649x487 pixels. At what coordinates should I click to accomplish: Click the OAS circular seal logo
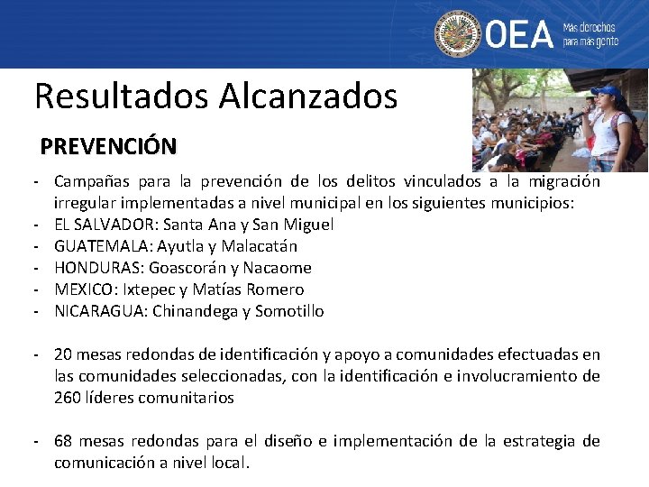[458, 34]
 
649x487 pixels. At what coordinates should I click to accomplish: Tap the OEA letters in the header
[519, 34]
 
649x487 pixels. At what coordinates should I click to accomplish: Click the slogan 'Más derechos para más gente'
[590, 34]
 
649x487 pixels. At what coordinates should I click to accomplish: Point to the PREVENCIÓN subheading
[108, 145]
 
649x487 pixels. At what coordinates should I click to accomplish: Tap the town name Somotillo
[289, 311]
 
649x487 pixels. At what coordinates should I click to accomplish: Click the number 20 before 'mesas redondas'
[64, 354]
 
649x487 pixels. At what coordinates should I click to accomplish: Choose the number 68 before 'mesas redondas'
[64, 441]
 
